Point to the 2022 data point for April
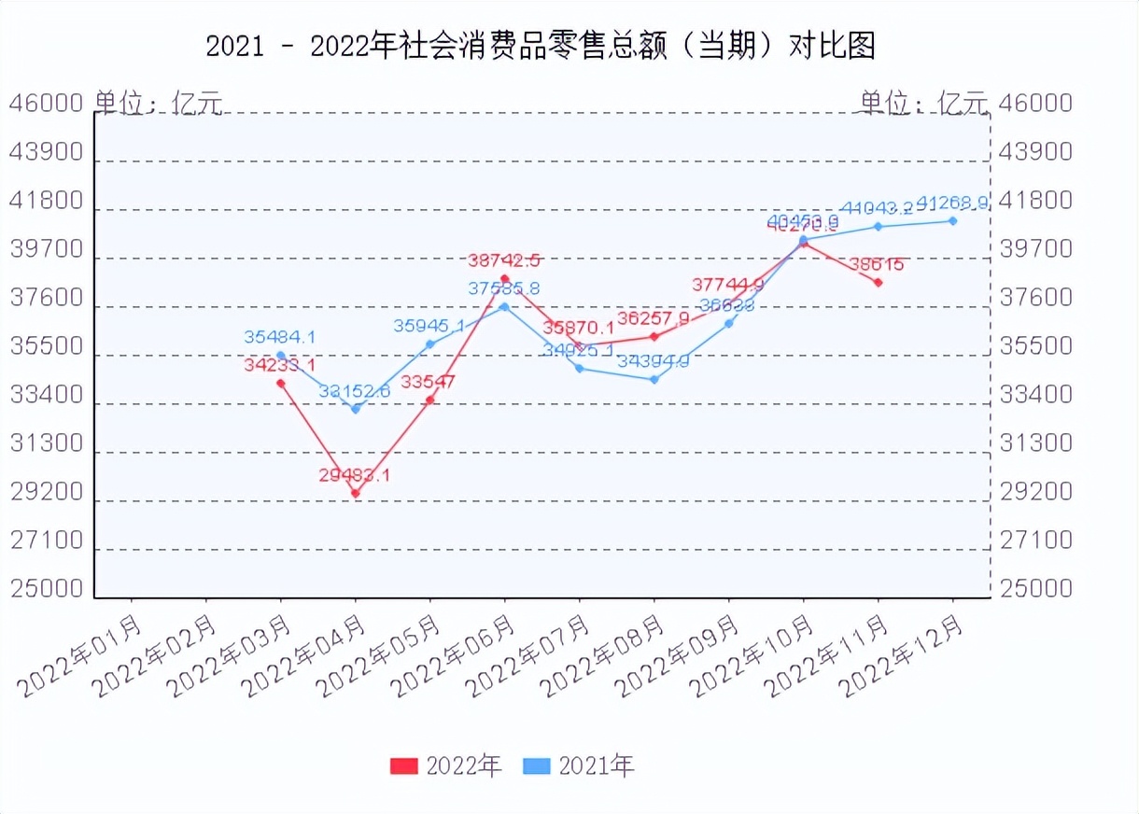[x=356, y=493]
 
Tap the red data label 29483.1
[x=354, y=475]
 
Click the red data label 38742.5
[x=504, y=260]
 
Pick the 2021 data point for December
[x=953, y=220]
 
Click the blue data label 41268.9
[x=952, y=203]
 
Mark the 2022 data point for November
[x=879, y=282]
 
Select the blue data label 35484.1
[x=280, y=337]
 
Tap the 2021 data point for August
[x=654, y=379]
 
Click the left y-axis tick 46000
[x=47, y=103]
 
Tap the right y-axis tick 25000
[x=1036, y=589]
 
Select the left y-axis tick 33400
[x=47, y=395]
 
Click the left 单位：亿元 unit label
[x=158, y=103]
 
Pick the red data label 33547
[x=429, y=382]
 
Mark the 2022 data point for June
[x=505, y=278]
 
